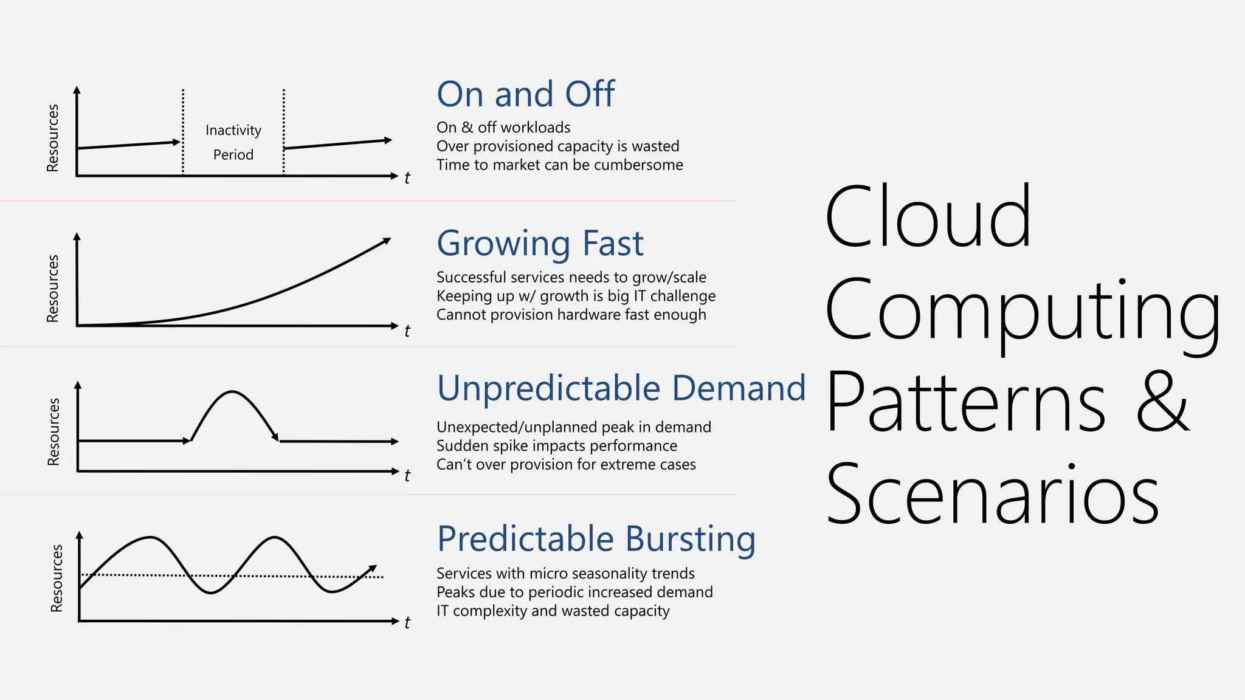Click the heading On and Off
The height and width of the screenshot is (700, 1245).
(525, 94)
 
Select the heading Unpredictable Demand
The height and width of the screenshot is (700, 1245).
(621, 388)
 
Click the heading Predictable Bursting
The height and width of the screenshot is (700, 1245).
(596, 539)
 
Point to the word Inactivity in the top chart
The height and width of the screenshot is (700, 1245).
(233, 131)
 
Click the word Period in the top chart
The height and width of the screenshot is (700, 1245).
(233, 155)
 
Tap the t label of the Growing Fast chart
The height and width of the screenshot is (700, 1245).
(407, 331)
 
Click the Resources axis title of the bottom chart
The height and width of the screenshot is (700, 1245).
(57, 578)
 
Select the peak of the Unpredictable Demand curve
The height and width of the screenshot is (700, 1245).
(232, 393)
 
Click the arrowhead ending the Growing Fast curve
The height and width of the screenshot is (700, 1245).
(387, 241)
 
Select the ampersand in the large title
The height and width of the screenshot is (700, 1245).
(1162, 403)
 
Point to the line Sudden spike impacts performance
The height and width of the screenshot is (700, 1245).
(556, 446)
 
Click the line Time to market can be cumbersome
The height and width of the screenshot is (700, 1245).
(559, 165)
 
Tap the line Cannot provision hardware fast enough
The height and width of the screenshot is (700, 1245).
(571, 315)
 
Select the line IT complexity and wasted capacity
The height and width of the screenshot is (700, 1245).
(553, 611)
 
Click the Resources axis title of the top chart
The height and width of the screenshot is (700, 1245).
(53, 138)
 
